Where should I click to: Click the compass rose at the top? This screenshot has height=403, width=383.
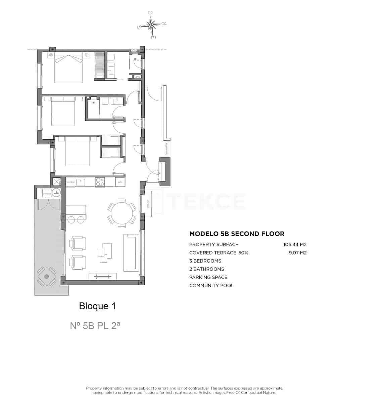coord(151,25)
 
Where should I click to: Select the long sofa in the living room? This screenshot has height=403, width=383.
coord(131,253)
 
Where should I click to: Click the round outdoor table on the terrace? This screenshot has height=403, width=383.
coord(46,277)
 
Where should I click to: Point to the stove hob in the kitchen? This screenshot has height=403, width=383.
coord(100,182)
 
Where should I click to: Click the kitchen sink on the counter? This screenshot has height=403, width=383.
coord(81,182)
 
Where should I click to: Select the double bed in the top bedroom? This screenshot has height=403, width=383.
coord(69,68)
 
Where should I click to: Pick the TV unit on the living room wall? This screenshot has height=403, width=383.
coord(103,276)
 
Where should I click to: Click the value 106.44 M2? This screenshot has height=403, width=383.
coord(295,244)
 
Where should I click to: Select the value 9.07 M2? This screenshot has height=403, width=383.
coord(297,253)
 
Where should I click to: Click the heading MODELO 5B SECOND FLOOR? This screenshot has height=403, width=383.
coord(237,234)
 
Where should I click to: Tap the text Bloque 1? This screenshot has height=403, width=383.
coord(97,306)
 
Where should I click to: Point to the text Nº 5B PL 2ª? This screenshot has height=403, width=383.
coord(95,325)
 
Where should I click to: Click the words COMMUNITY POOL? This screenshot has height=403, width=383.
coord(211,285)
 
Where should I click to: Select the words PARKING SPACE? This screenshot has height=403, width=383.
coord(208,277)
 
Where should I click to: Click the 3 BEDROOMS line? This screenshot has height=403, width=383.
coord(205,261)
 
